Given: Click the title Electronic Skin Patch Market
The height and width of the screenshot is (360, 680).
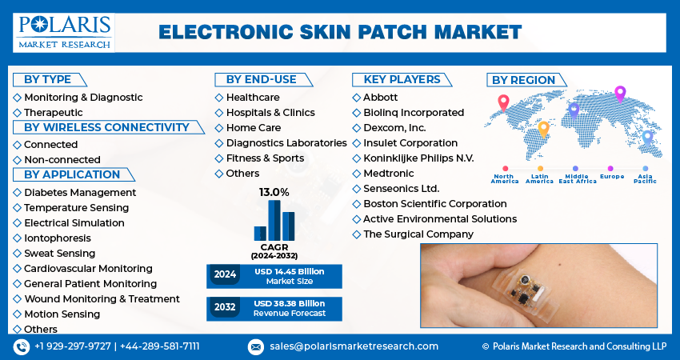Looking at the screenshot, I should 339,32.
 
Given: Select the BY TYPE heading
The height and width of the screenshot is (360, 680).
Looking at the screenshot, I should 48,79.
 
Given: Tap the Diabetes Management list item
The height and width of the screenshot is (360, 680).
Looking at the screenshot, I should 79,193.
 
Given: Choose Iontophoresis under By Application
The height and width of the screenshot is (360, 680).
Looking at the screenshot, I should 57,238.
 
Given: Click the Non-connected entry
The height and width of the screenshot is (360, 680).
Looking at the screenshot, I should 62,160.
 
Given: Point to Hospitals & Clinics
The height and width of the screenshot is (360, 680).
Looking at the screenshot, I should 270,113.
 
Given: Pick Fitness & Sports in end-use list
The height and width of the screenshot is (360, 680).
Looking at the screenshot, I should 264,158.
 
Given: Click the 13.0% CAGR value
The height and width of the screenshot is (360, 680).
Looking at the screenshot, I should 274,193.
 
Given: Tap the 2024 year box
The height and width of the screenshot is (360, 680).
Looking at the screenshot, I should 225,275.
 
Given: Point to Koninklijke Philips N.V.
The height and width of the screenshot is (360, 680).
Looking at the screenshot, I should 418,158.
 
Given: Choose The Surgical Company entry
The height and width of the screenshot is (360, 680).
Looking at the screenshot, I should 418,234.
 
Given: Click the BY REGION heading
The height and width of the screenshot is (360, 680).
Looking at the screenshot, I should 523,80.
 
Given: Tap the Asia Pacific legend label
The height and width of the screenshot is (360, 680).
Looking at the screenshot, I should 645,178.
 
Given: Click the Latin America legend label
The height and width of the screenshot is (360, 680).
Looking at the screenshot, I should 539,178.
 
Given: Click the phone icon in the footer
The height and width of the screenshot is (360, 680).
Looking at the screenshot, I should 21,346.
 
